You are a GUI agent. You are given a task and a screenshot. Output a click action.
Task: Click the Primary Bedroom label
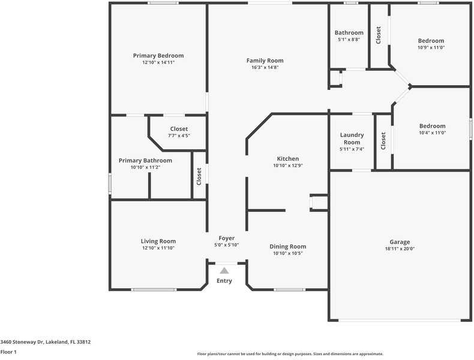tap(158, 55)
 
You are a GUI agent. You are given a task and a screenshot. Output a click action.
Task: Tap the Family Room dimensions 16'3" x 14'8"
tap(265, 67)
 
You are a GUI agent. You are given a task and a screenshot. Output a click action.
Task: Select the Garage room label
tap(400, 242)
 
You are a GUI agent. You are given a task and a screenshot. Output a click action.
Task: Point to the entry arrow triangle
tap(224, 271)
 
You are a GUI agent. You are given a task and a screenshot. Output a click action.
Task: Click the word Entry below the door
tap(224, 281)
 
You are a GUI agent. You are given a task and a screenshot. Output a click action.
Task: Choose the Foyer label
tap(226, 238)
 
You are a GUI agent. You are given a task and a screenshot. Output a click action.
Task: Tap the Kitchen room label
tap(287, 158)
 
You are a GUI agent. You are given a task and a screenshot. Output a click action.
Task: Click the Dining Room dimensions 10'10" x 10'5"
tap(287, 253)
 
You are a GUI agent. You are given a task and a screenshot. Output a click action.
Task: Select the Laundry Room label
tap(352, 139)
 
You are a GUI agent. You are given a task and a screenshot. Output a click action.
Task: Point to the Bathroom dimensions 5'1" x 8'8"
tap(349, 40)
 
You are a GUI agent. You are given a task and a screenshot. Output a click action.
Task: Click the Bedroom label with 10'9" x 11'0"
tap(431, 41)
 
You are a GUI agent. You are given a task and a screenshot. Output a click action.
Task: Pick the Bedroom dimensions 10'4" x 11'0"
tap(432, 133)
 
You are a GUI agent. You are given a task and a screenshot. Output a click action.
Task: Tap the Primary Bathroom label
tap(145, 160)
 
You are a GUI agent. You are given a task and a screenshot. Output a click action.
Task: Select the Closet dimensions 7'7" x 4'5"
tap(179, 136)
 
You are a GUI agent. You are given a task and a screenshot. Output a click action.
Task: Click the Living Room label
tap(158, 241)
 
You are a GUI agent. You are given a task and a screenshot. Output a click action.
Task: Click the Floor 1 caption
tap(8, 352)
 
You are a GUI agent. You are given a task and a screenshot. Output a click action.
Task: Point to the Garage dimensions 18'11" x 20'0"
tap(400, 248)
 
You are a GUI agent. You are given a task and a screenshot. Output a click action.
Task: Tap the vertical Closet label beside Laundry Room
tap(383, 141)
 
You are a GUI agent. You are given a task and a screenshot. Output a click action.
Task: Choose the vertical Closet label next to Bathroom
tap(379, 35)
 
